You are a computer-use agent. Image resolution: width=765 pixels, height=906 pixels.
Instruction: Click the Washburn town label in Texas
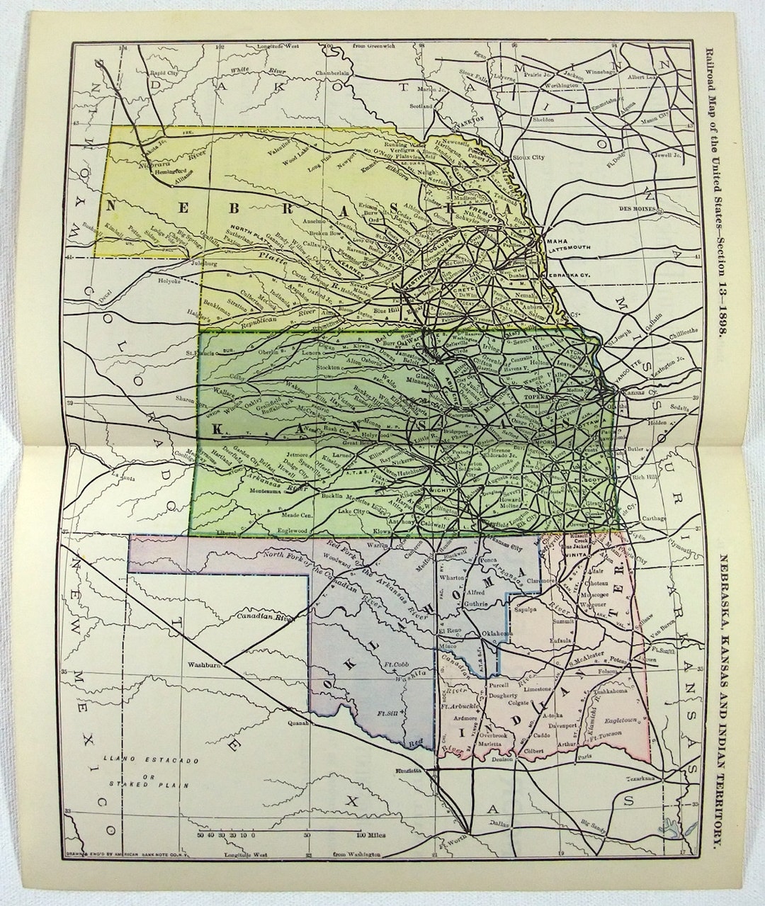[205, 666]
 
